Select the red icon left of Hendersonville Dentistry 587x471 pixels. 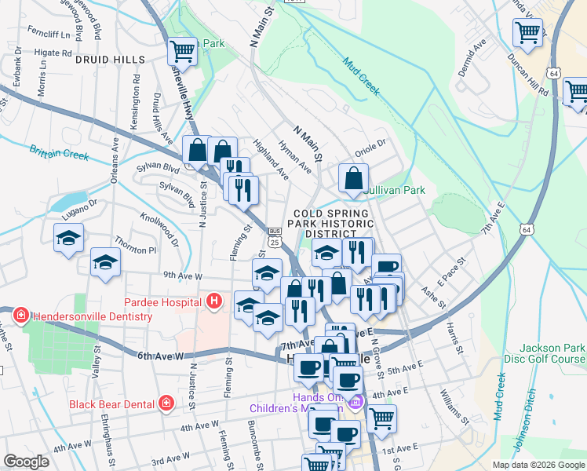coord(20,316)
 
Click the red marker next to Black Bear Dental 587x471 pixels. coord(166,403)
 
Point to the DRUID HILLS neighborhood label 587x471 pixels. coord(111,60)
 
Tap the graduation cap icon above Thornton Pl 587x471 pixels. coord(105,262)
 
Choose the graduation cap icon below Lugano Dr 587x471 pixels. coord(68,237)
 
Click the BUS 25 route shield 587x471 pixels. coord(274,238)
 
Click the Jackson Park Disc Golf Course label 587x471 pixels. coord(549,354)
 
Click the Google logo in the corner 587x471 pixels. coord(26,462)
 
